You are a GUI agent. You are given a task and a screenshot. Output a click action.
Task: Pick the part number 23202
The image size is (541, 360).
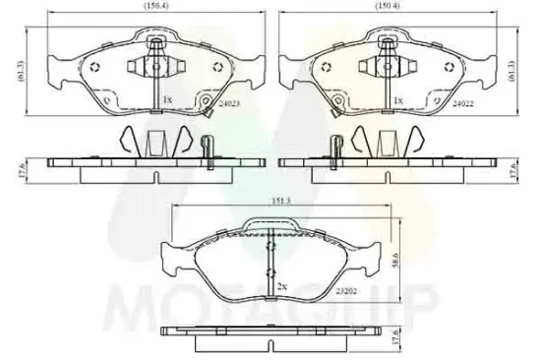coord(345,292)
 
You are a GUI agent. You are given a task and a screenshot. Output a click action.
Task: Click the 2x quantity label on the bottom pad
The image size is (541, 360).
coord(281,285)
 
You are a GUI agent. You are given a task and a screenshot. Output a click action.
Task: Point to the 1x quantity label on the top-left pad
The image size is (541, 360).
coord(167,100)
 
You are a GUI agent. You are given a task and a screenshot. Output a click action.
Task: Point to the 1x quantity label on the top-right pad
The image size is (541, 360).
coord(397,100)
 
